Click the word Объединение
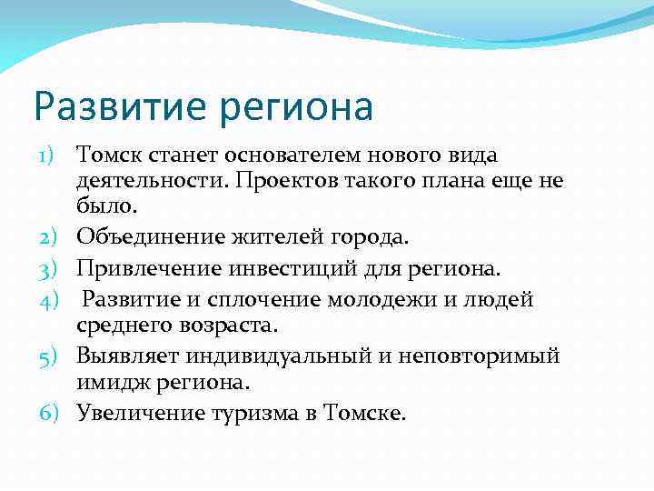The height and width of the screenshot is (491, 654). pos(150,238)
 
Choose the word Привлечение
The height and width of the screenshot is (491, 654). pos(150,269)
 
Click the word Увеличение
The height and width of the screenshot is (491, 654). pos(142,413)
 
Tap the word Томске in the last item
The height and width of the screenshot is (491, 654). pos(369,413)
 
